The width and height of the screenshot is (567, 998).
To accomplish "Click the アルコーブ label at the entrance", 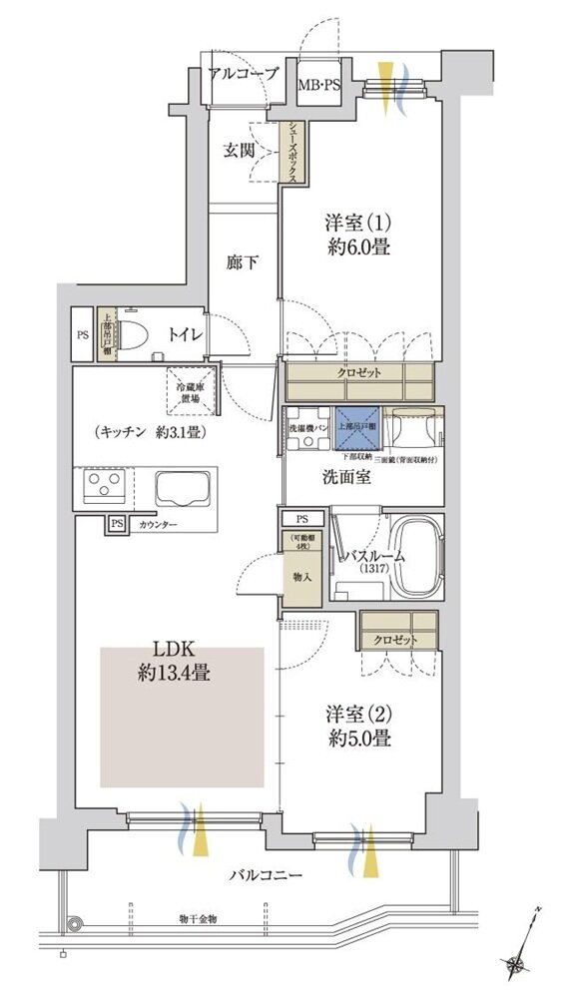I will pyautogui.click(x=243, y=73).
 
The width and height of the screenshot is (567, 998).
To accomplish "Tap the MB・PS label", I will pyautogui.click(x=319, y=86).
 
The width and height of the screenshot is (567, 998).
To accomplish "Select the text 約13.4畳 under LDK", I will pyautogui.click(x=174, y=674).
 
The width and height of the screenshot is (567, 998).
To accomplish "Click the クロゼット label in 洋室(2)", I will pyautogui.click(x=397, y=639).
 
